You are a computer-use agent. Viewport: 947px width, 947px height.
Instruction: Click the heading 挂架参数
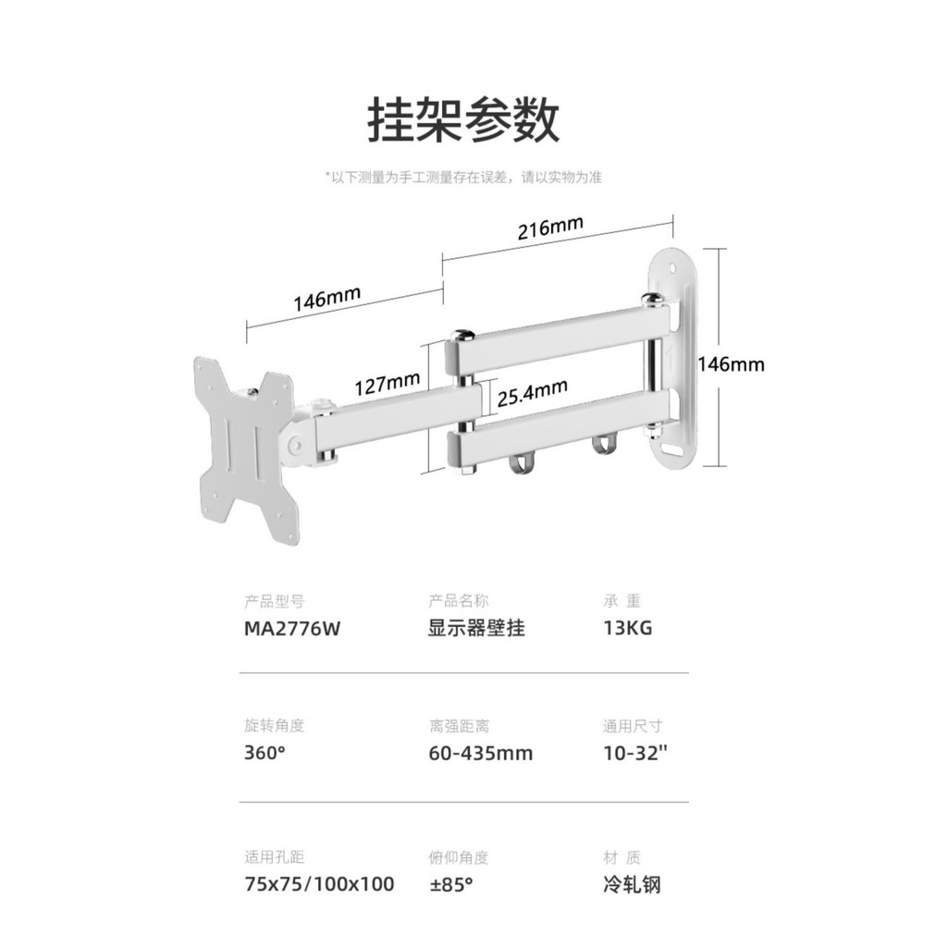pyautogui.click(x=464, y=120)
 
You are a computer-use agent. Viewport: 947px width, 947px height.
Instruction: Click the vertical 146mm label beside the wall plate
pyautogui.click(x=731, y=364)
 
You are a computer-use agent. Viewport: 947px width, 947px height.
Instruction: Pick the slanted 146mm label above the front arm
pyautogui.click(x=326, y=298)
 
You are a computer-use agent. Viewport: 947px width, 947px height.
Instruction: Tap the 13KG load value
pyautogui.click(x=628, y=628)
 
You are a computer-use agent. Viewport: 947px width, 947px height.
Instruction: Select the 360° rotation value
pyautogui.click(x=265, y=753)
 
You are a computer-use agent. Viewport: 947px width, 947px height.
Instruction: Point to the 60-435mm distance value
pyautogui.click(x=481, y=753)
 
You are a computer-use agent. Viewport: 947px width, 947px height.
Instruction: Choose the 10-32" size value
pyautogui.click(x=635, y=753)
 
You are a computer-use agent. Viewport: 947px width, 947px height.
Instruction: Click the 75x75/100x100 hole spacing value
pyautogui.click(x=319, y=884)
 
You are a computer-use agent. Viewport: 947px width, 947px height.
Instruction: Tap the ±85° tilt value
pyautogui.click(x=451, y=884)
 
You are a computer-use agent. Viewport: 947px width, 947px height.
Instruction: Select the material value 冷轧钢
pyautogui.click(x=632, y=884)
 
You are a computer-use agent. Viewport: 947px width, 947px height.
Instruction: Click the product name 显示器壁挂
pyautogui.click(x=477, y=628)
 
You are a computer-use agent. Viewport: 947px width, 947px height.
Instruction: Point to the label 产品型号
pyautogui.click(x=274, y=600)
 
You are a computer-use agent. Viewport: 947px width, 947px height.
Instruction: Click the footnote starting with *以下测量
pyautogui.click(x=463, y=178)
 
